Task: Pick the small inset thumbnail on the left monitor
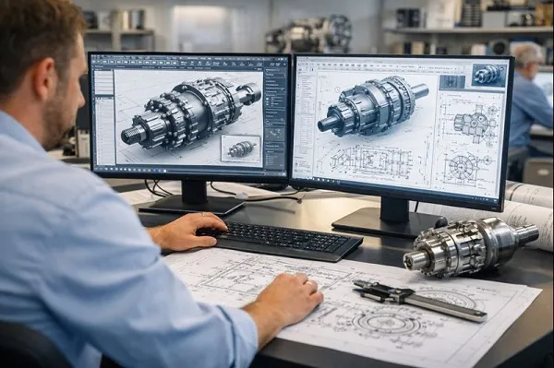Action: click(x=241, y=148)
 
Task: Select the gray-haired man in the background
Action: click(x=528, y=92)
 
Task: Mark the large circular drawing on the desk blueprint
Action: click(x=389, y=322)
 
